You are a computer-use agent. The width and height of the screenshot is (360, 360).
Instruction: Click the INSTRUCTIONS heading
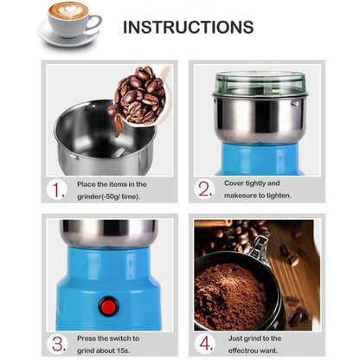coord(189,27)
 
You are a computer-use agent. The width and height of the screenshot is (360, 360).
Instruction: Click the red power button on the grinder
coord(108,306)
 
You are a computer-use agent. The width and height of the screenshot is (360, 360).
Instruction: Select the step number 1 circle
coord(57,190)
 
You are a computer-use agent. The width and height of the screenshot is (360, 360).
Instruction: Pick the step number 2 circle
coord(204,190)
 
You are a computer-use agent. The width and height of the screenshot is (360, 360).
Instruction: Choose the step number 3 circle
coord(57,344)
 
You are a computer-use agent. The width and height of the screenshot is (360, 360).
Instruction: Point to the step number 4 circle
coord(205,344)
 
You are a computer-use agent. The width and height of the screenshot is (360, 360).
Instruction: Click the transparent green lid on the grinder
coord(260,84)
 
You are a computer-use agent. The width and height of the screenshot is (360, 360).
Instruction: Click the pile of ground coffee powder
coord(230,297)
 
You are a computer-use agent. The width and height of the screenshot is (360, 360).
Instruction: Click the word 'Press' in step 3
coord(86,338)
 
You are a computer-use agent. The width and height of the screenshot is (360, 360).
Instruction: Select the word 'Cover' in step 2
coord(234,183)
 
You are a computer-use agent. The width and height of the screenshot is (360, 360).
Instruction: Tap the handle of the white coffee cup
coord(94,22)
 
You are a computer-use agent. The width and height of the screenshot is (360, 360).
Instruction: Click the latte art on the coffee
coord(68,11)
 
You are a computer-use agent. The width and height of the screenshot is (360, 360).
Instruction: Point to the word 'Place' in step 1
coord(87,184)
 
